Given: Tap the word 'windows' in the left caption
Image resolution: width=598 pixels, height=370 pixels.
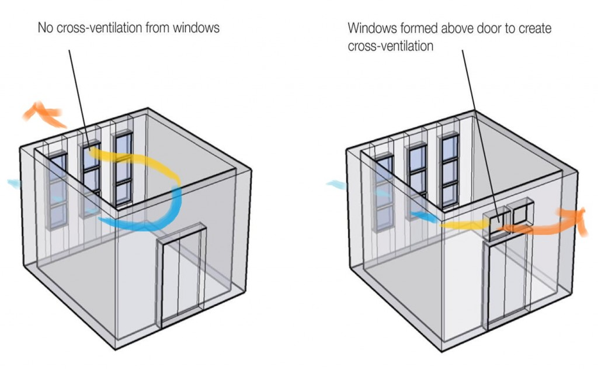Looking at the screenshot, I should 199,27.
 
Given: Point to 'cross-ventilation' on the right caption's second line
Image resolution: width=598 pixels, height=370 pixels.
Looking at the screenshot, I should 391,46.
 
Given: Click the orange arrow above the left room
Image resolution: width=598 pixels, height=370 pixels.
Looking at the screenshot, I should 44,113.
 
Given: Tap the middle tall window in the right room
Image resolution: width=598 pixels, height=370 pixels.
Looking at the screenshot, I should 416,175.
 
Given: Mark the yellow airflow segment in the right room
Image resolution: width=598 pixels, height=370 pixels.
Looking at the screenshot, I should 461,223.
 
